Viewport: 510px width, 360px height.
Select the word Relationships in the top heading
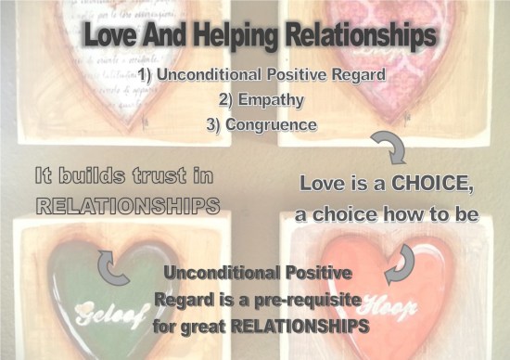pos(361,38)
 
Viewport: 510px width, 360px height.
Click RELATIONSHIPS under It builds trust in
pos(114,204)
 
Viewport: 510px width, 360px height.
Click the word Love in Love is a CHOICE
pos(324,185)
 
